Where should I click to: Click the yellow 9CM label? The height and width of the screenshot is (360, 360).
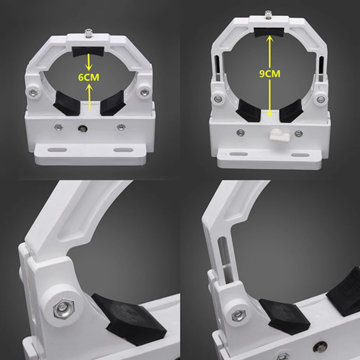pos(270,73)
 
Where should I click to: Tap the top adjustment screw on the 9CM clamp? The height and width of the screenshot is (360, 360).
pos(268,14)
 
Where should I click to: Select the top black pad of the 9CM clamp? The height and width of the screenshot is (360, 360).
pos(268,32)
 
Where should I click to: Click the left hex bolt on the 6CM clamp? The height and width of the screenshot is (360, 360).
pos(34,92)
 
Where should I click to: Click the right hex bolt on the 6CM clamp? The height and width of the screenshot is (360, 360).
pos(144,92)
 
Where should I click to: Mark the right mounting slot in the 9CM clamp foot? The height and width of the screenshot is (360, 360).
pos(300,155)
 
